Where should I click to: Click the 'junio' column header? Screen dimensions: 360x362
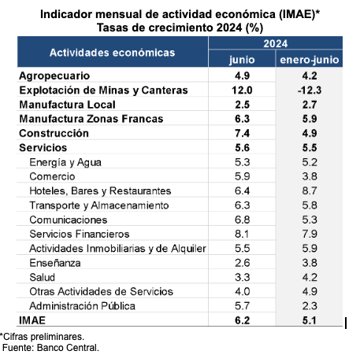[242, 60]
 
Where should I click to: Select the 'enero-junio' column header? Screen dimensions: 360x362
[310, 60]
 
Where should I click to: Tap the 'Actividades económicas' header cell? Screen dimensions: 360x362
[113, 53]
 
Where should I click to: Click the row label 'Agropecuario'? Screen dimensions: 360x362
[54, 76]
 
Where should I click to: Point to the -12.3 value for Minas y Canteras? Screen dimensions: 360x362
[310, 90]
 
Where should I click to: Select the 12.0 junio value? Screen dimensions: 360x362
[242, 90]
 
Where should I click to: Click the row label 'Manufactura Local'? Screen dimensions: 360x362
[67, 105]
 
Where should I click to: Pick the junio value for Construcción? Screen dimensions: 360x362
[242, 133]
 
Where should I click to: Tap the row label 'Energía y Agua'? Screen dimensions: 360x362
[65, 162]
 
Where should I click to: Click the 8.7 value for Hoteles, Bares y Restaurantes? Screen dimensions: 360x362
[310, 190]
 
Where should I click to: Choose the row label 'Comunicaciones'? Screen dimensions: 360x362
[69, 220]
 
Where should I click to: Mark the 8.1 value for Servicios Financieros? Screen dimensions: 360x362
[242, 234]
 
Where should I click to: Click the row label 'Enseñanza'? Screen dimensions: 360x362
[55, 263]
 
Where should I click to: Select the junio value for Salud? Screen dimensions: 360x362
[242, 277]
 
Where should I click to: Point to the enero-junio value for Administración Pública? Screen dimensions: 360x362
[310, 306]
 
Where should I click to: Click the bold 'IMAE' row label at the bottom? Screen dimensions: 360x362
[32, 320]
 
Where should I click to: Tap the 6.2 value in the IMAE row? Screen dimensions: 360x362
[242, 320]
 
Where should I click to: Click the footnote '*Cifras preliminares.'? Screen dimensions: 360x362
[42, 337]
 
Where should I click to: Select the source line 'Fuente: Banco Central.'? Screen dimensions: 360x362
[50, 348]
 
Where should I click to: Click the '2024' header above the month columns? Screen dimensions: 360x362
[276, 43]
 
